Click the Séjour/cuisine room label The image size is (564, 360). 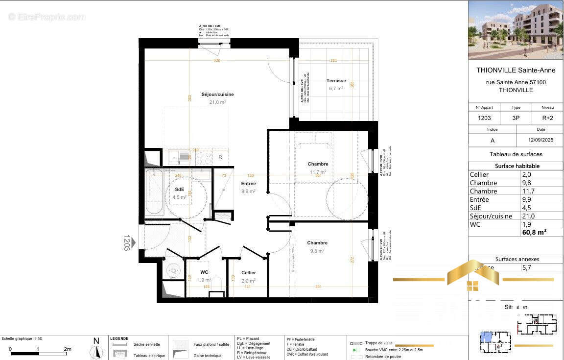217,95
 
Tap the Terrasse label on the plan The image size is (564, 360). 336,81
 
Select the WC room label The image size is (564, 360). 205,272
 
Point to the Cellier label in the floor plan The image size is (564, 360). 248,273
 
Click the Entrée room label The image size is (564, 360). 248,184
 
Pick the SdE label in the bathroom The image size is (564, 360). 180,189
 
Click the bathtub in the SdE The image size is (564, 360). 154,192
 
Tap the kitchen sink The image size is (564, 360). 174,157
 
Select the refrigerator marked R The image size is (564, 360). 220,157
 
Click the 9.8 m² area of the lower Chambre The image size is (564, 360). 317,251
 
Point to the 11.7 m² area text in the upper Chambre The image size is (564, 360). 318,172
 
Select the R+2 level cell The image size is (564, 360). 547,118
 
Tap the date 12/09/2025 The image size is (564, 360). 540,140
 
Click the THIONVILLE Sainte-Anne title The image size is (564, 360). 516,70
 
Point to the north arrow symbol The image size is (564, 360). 96,351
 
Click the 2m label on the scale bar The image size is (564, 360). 67,349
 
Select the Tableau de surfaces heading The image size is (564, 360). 516,154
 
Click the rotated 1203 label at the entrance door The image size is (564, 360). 127,242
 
